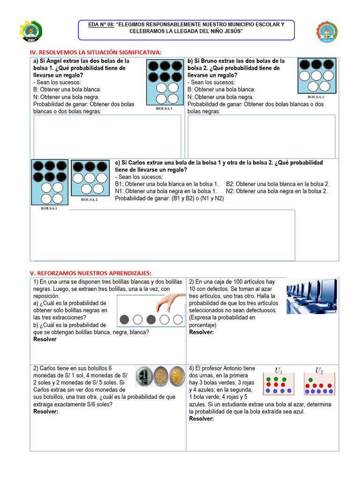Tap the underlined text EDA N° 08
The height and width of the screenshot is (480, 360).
tap(101, 24)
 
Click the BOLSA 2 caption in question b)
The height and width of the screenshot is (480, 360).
tap(315, 97)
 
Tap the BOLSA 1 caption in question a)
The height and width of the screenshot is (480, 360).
tap(164, 108)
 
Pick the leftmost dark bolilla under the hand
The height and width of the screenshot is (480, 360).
tap(124, 320)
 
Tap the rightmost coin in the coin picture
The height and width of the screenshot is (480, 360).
tap(177, 376)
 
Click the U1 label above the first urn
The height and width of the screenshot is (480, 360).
tap(278, 371)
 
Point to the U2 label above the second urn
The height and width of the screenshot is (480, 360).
tap(319, 371)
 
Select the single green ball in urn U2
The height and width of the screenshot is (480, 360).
tap(310, 379)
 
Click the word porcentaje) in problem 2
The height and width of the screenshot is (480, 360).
tap(202, 325)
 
